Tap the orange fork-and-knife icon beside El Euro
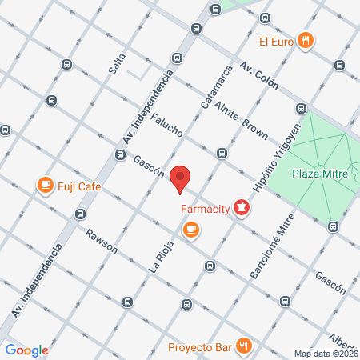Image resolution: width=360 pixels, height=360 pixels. (x=304, y=41)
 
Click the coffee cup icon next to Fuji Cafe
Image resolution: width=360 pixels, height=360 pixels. (x=46, y=186)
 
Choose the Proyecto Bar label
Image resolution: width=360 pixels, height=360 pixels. (x=200, y=347)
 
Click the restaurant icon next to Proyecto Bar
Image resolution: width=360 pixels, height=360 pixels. (x=246, y=346)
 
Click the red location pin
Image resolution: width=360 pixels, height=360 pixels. (x=182, y=179)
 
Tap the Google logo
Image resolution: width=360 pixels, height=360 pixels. (x=26, y=350)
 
